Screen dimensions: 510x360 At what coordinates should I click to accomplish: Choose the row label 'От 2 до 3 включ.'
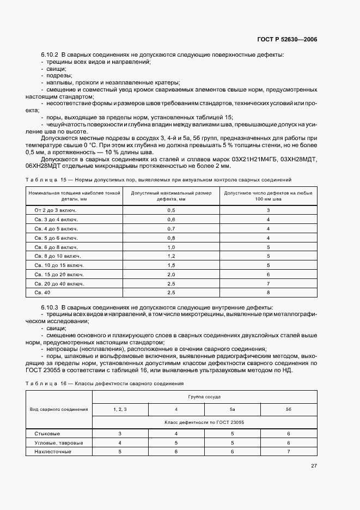point(56,210)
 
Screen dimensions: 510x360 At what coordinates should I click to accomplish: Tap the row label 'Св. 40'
point(42,293)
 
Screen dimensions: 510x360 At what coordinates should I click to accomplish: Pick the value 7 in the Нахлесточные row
point(289,452)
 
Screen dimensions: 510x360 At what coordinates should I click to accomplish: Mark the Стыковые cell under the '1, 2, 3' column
point(120,434)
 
